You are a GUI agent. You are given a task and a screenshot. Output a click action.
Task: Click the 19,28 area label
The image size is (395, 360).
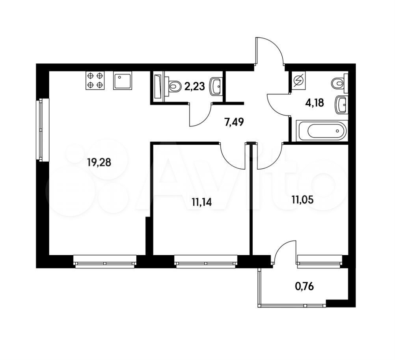click(99, 162)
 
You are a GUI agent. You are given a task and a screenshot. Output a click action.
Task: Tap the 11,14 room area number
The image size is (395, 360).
click(201, 202)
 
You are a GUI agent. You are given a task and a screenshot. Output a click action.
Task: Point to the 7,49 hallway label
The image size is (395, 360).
click(234, 122)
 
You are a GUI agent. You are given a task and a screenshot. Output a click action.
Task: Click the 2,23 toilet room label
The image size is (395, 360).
click(194, 86)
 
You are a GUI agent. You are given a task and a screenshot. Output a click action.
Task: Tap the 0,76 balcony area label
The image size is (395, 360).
click(304, 286)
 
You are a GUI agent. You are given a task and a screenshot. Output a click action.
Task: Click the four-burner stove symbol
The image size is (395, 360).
click(95, 80)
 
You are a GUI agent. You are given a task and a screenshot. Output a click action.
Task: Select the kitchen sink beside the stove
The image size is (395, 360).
click(123, 80)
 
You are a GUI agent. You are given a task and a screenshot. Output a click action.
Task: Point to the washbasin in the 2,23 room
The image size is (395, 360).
click(215, 87)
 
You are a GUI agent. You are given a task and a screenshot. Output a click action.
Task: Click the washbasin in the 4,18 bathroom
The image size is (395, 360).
click(341, 104)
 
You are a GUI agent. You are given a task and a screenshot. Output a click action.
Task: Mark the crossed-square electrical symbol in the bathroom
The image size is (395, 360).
click(299, 80)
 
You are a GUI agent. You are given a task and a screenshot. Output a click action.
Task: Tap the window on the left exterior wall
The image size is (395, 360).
click(42, 129)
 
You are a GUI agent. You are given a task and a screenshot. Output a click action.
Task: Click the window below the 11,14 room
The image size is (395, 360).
click(206, 261)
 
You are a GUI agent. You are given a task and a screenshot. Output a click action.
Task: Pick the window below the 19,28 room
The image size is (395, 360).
click(105, 261)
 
